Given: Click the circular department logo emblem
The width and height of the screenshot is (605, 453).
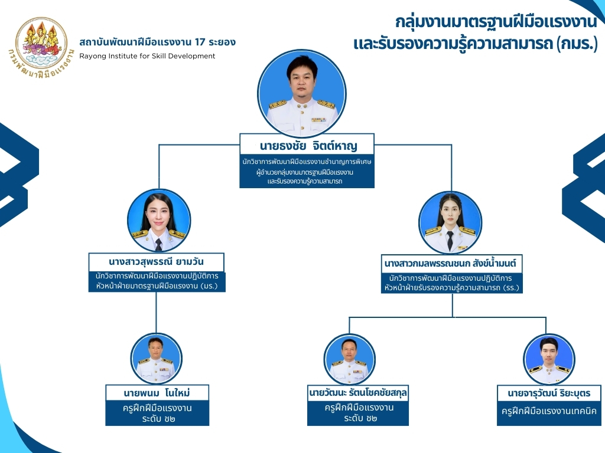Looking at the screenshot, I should point(41,47).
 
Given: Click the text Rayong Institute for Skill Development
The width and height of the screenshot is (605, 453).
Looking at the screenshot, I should point(147,56).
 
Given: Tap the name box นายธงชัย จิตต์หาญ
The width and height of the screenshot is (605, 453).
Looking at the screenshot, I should point(307,145).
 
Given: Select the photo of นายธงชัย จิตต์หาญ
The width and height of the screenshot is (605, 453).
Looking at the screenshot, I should point(302,91).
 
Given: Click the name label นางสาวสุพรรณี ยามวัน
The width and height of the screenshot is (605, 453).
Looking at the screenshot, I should point(157,261).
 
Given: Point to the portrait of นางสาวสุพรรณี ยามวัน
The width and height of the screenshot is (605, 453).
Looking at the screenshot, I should point(158,221).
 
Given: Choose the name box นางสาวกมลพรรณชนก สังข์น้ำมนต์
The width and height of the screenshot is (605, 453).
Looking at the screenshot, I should point(452,262).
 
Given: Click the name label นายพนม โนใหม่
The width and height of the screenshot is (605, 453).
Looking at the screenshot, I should point(157,393).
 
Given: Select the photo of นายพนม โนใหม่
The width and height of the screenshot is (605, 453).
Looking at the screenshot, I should point(155,358).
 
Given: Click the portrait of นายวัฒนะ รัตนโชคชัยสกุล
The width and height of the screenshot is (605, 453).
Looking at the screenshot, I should point(349,359).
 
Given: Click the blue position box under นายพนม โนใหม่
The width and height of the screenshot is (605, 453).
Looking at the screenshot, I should point(157,413).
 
